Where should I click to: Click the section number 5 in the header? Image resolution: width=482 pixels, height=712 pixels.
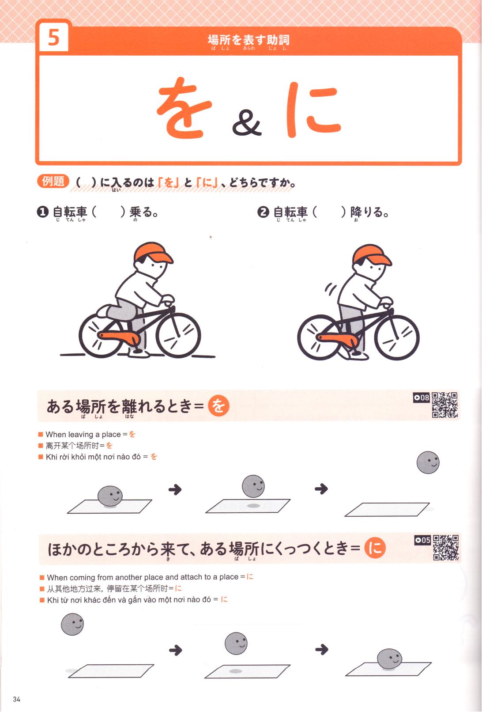tap(54, 38)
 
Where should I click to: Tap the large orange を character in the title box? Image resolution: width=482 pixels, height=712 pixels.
tap(184, 107)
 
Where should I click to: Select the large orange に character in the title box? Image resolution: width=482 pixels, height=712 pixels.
tap(313, 110)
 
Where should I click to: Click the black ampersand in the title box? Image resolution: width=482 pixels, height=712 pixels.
tap(247, 123)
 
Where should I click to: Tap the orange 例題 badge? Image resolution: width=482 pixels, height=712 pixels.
tap(53, 181)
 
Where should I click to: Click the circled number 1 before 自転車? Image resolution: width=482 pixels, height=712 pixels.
tap(42, 212)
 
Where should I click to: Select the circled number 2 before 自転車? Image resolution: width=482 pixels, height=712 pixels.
tap(263, 212)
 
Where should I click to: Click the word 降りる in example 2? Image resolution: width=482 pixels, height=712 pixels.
tap(369, 212)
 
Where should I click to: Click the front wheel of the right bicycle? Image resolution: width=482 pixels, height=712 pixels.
tap(397, 338)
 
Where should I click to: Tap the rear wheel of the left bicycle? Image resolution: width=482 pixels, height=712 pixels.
tap(101, 335)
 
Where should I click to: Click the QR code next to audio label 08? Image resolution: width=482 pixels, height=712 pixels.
tap(444, 405)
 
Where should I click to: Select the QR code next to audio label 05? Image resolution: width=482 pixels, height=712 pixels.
tap(446, 548)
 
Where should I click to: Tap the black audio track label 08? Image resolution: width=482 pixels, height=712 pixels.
tap(422, 398)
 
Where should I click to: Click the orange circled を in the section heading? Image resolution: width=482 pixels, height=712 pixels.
tap(218, 405)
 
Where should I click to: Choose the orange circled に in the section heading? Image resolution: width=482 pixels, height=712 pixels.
tap(375, 548)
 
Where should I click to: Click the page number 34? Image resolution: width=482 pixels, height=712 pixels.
tap(17, 699)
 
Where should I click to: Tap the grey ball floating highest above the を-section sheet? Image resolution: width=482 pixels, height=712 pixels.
tap(428, 462)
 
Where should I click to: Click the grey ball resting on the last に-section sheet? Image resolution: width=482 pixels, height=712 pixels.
tap(390, 659)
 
